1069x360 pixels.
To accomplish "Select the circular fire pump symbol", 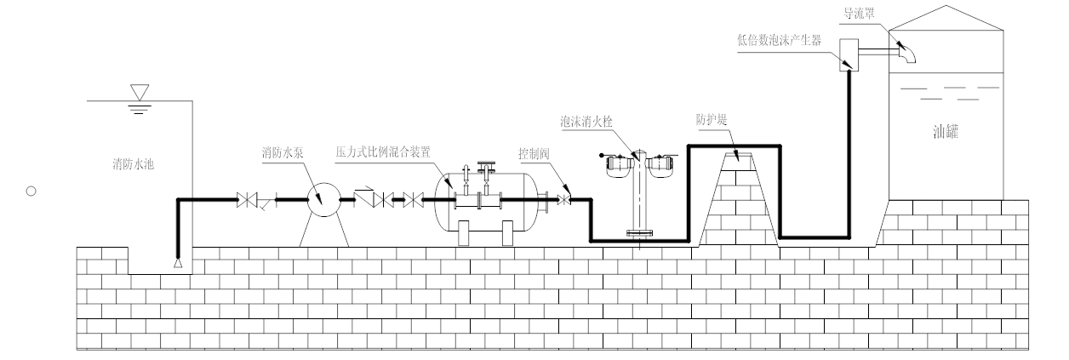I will pyautogui.click(x=321, y=200).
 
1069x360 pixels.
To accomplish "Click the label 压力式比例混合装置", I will pyautogui.click(x=386, y=150).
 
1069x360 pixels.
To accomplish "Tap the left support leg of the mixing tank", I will pyautogui.click(x=465, y=233).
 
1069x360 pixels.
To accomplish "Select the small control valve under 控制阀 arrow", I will pyautogui.click(x=563, y=200).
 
